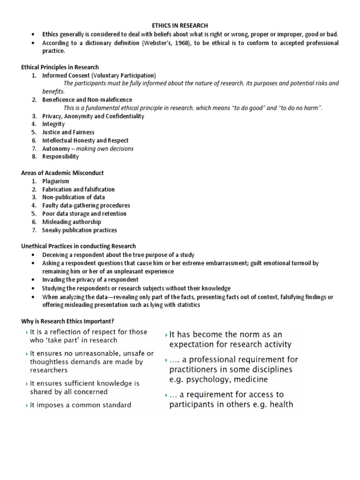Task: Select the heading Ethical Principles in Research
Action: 60,67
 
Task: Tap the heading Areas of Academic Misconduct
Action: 62,173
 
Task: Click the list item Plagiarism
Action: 55,181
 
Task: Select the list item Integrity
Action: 53,124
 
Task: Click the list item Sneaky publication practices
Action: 79,230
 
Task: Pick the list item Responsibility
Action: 60,157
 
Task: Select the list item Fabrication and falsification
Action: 78,189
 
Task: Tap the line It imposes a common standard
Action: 80,405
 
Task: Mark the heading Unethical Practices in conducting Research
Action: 78,246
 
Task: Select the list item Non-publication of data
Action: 73,197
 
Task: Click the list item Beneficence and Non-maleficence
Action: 87,100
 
